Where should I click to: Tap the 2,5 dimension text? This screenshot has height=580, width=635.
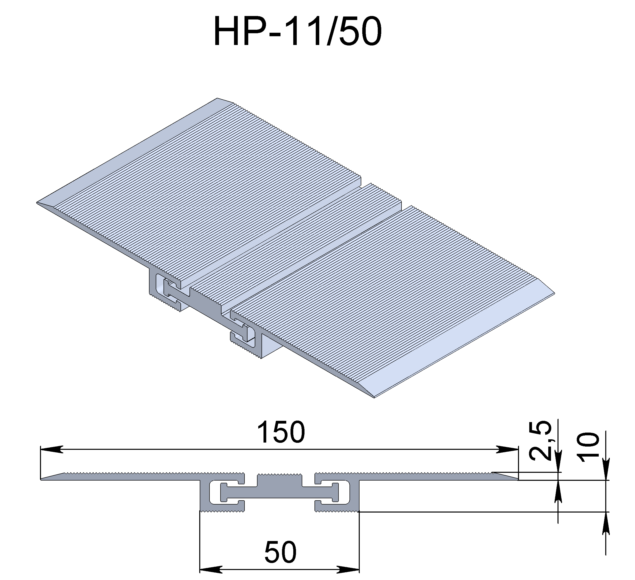coord(540,441)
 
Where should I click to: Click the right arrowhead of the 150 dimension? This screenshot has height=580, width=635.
coord(507,450)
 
